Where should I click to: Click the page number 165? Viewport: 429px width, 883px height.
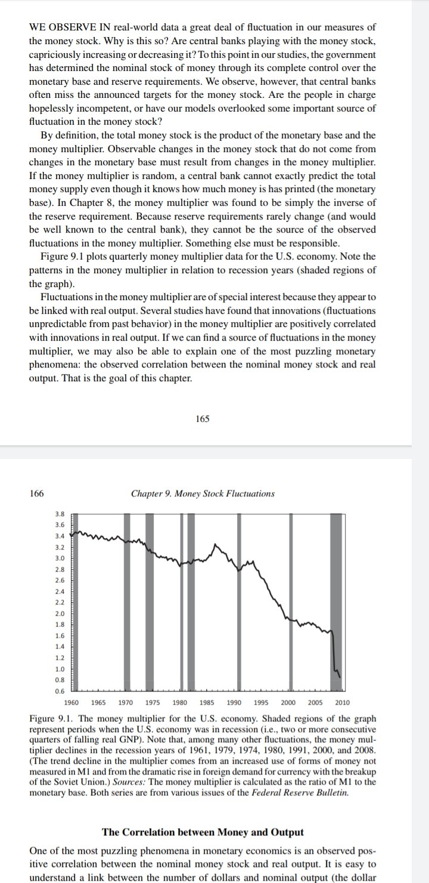coord(202,419)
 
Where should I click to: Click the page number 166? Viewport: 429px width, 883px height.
coord(36,493)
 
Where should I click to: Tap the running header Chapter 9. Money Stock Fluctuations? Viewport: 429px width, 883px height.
coord(203,493)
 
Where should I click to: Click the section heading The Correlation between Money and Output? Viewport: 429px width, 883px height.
coord(203,832)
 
